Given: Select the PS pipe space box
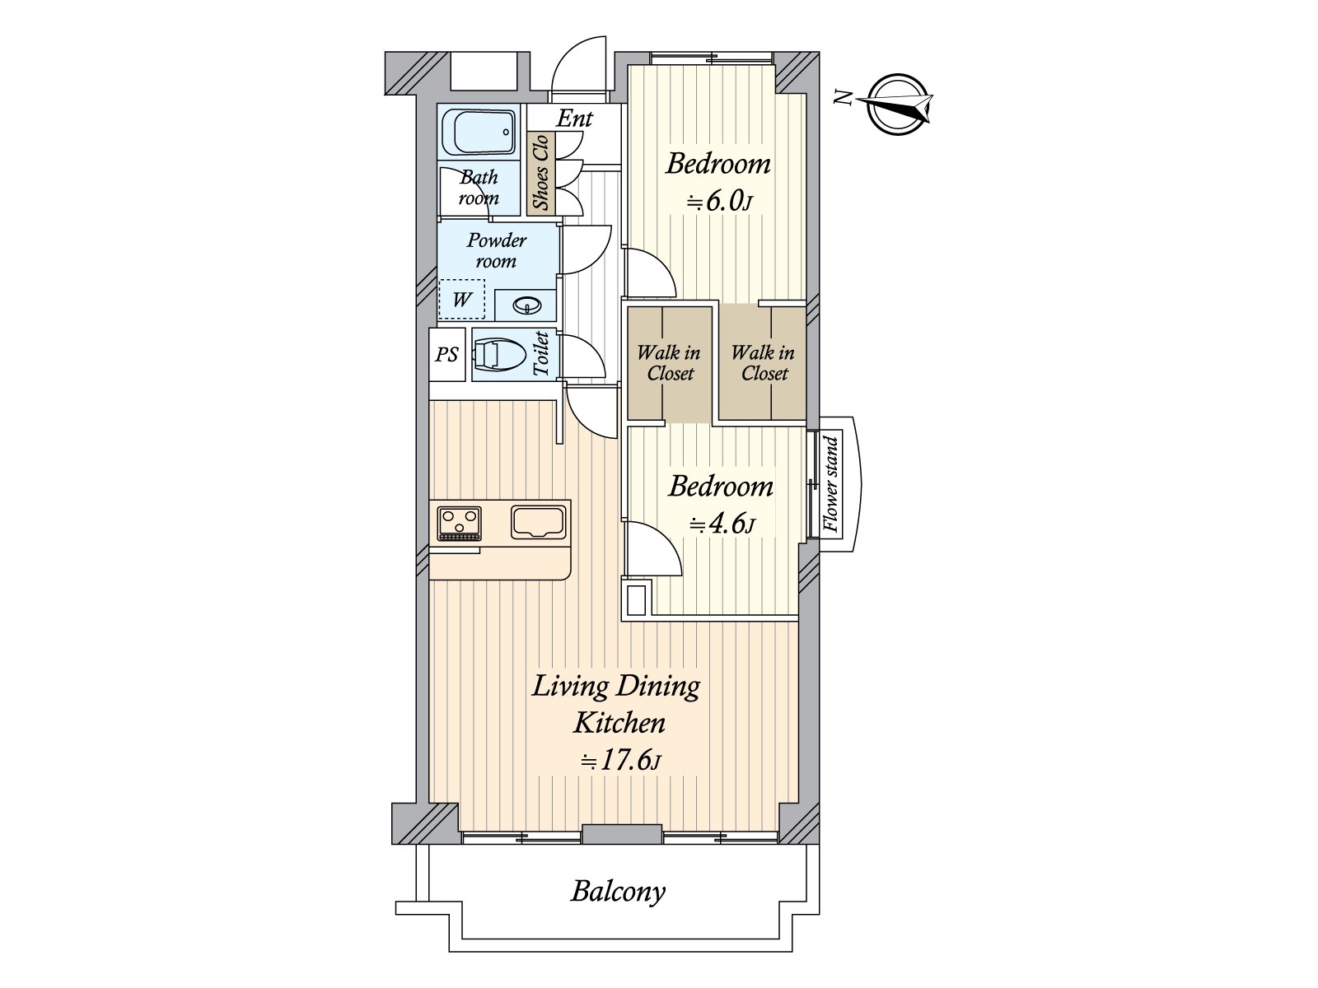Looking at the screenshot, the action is click(446, 355).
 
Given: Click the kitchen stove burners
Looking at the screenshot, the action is click(460, 523).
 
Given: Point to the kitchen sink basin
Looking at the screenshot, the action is click(539, 522).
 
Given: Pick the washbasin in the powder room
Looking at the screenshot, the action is click(527, 305).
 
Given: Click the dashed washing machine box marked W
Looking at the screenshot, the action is click(461, 300).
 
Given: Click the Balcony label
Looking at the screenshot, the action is click(618, 892).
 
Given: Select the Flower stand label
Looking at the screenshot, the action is click(831, 485).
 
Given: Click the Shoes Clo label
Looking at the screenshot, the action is click(541, 173).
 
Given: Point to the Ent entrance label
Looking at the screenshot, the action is click(575, 119).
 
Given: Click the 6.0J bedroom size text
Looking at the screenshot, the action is click(719, 201).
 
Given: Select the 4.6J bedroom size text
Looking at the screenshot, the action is click(722, 524).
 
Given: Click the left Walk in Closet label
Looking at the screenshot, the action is click(670, 363).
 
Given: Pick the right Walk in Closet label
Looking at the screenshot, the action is click(763, 363).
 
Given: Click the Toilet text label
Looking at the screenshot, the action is click(541, 354).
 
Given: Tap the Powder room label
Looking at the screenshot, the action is click(497, 251).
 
